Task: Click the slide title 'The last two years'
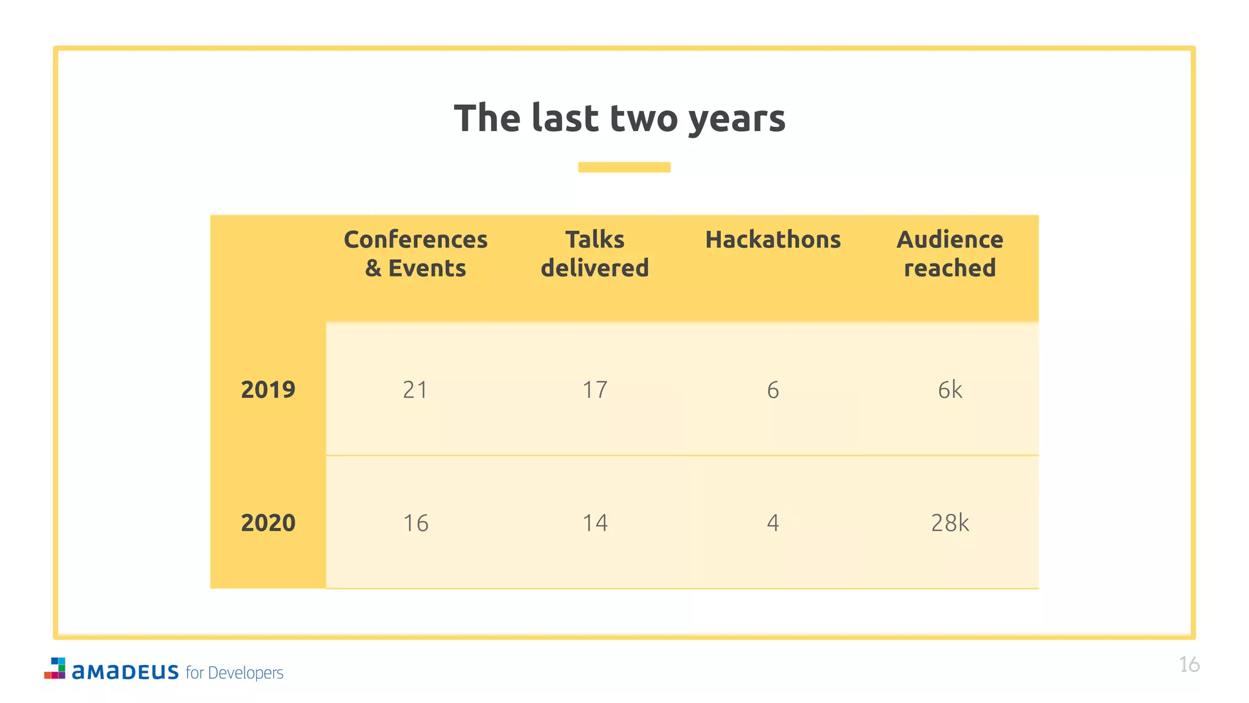tap(620, 118)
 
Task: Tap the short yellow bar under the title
tap(624, 167)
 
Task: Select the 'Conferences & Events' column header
tap(415, 254)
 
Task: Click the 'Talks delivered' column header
tap(595, 254)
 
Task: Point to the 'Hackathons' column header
tap(773, 240)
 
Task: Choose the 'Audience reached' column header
tap(950, 254)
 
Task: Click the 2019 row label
tap(268, 389)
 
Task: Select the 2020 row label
tap(268, 523)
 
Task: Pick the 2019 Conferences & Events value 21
tap(415, 389)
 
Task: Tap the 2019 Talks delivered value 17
tap(595, 389)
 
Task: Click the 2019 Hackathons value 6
tap(773, 389)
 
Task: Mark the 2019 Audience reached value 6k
tap(950, 389)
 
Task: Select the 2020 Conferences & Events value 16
tap(415, 523)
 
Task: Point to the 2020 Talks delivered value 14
tap(595, 523)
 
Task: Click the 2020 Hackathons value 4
tap(773, 523)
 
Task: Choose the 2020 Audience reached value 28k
tap(950, 523)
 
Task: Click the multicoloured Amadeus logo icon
tap(55, 668)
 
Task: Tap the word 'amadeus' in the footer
tap(125, 671)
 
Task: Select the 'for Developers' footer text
tap(234, 672)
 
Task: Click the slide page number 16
tap(1189, 664)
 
